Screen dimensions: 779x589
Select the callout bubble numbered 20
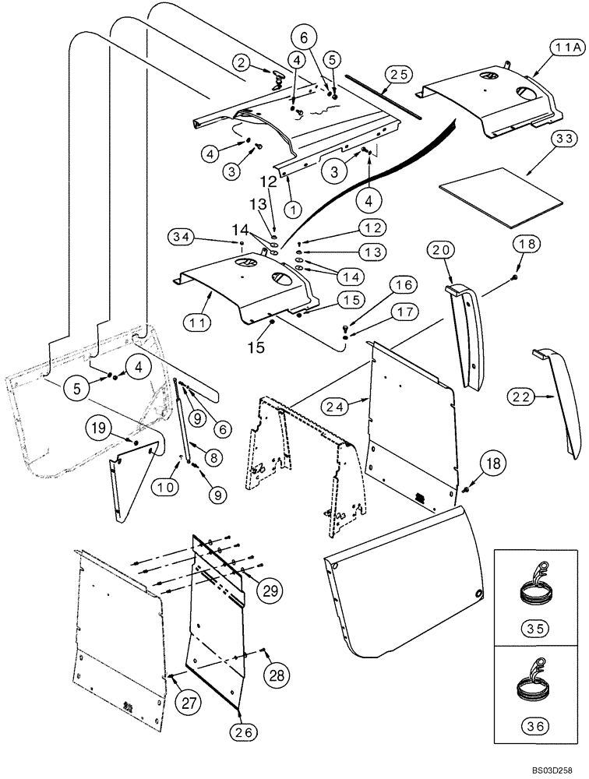[x=441, y=250]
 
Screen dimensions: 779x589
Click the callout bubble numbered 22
[x=523, y=397]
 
